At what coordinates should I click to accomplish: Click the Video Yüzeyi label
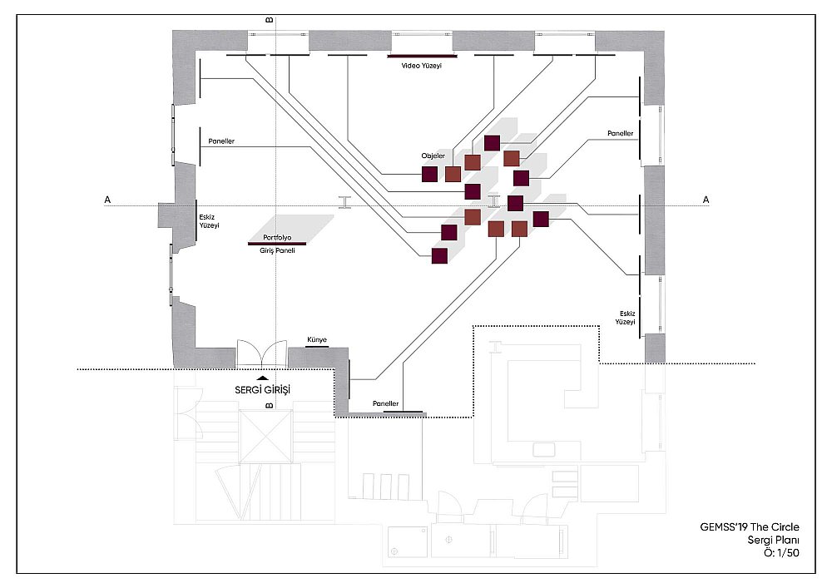coord(421,66)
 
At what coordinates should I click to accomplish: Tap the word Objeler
coord(433,156)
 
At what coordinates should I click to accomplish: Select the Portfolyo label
coord(278,238)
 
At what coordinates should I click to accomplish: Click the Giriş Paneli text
coord(278,250)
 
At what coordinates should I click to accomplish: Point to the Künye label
coord(317,340)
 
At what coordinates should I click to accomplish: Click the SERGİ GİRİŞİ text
coord(263,390)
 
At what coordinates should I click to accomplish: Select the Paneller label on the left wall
coord(221,141)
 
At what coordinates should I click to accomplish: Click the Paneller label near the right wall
coord(621,134)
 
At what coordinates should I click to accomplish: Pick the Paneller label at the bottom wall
coord(386,404)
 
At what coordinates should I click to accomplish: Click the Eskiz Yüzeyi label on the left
coord(209,221)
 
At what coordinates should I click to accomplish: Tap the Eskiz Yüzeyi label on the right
coord(626,318)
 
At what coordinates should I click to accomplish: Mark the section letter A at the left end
coord(107,200)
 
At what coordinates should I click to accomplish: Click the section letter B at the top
coord(269,20)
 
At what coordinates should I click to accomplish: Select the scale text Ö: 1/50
coord(781,553)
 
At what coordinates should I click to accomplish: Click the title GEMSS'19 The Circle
coord(750,527)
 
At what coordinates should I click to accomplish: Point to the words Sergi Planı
coord(773,541)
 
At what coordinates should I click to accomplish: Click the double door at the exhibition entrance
coord(261,353)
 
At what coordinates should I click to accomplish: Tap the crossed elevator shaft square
coord(265,437)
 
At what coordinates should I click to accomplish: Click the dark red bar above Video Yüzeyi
coord(423,56)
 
